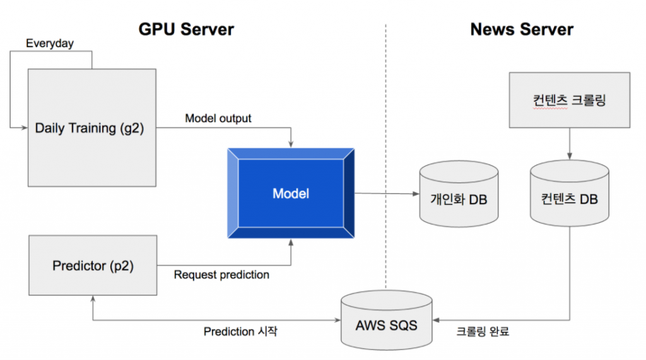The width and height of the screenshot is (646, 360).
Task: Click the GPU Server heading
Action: point(186,29)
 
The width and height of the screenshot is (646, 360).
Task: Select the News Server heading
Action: point(522,29)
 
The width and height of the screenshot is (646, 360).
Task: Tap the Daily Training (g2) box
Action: point(92,128)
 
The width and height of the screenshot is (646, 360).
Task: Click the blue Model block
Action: point(290,193)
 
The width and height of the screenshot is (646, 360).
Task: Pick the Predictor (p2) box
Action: point(92,265)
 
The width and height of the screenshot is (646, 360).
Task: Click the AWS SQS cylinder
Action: point(386,321)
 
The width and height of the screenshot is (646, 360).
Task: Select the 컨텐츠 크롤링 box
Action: point(569,100)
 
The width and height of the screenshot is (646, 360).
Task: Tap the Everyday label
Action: point(50,44)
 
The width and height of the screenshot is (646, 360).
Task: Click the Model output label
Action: point(218,119)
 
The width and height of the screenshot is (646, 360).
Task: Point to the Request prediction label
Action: point(221,275)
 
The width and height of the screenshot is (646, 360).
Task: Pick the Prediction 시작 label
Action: point(240,331)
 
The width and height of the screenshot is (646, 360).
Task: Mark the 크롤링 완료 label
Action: point(483,331)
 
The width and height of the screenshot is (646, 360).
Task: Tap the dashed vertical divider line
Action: point(385,158)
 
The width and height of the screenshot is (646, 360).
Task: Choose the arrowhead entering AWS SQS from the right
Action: point(436,320)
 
